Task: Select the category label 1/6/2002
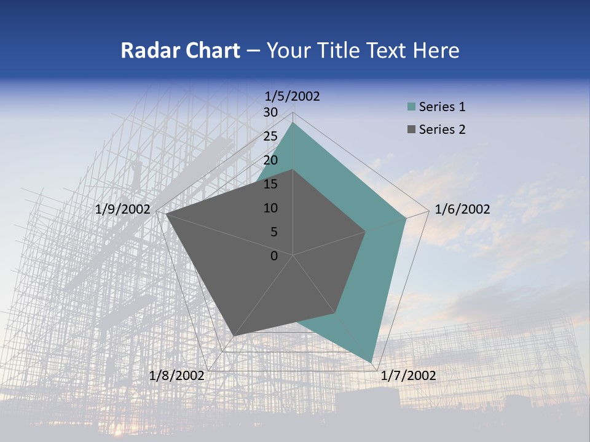point(462,209)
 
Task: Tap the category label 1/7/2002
point(408,376)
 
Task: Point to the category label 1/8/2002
point(177,376)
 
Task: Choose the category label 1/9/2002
point(123,209)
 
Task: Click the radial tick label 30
point(270,112)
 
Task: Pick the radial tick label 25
point(270,136)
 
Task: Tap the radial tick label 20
point(270,160)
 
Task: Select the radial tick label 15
point(270,184)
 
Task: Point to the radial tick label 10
point(270,208)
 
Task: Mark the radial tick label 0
point(274,256)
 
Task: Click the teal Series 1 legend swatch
point(411,107)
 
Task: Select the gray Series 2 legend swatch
point(411,130)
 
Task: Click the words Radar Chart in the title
point(180,50)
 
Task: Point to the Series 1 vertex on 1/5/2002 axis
point(293,123)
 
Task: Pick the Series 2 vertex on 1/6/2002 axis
point(366,231)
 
